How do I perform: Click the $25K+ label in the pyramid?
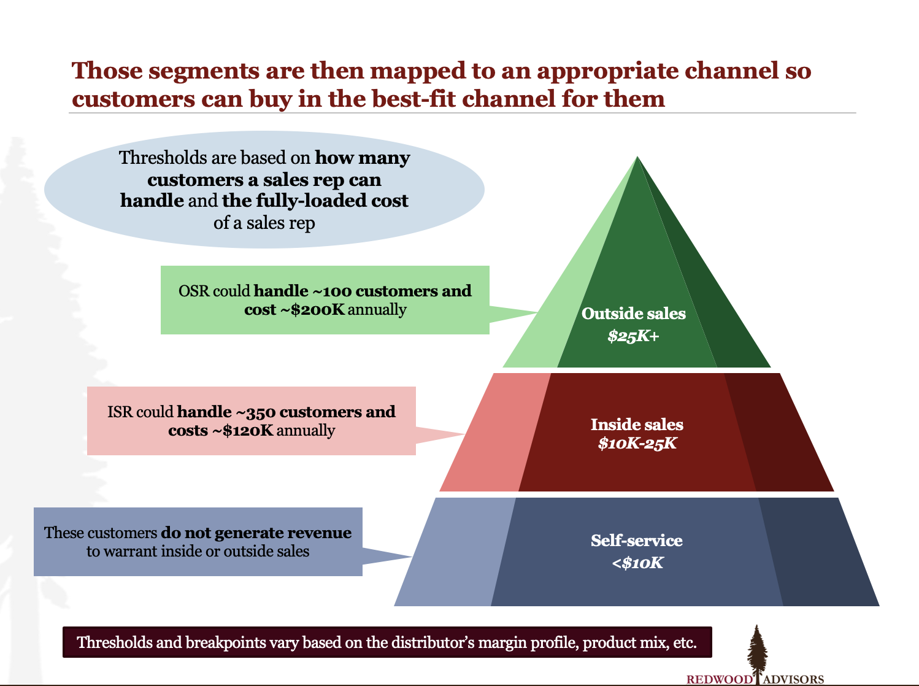click(x=634, y=336)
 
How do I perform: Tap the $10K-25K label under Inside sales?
click(x=637, y=443)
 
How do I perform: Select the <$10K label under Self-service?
click(x=637, y=563)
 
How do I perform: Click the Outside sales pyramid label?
click(x=634, y=314)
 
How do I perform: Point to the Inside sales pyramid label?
click(x=637, y=425)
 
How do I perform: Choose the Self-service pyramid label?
click(x=637, y=541)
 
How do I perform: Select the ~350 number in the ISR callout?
click(x=255, y=412)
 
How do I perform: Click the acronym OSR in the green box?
click(x=194, y=291)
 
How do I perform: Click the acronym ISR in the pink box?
click(x=120, y=412)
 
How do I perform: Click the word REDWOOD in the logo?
click(x=719, y=679)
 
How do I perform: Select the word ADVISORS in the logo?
click(x=793, y=679)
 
